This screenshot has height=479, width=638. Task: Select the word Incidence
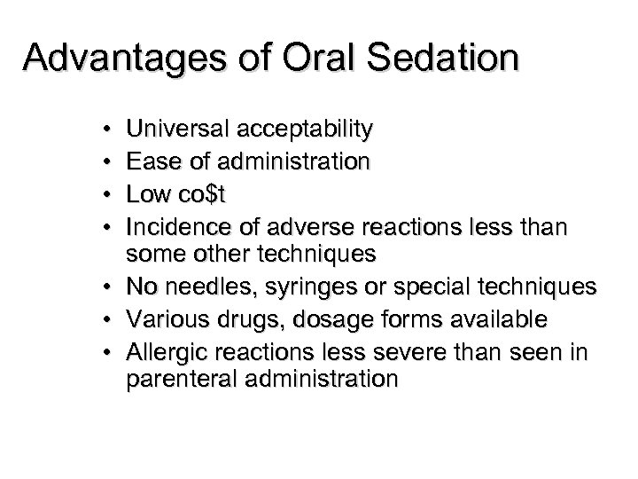(174, 224)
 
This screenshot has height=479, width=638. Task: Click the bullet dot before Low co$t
(107, 193)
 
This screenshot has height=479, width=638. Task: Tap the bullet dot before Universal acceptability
(107, 131)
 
